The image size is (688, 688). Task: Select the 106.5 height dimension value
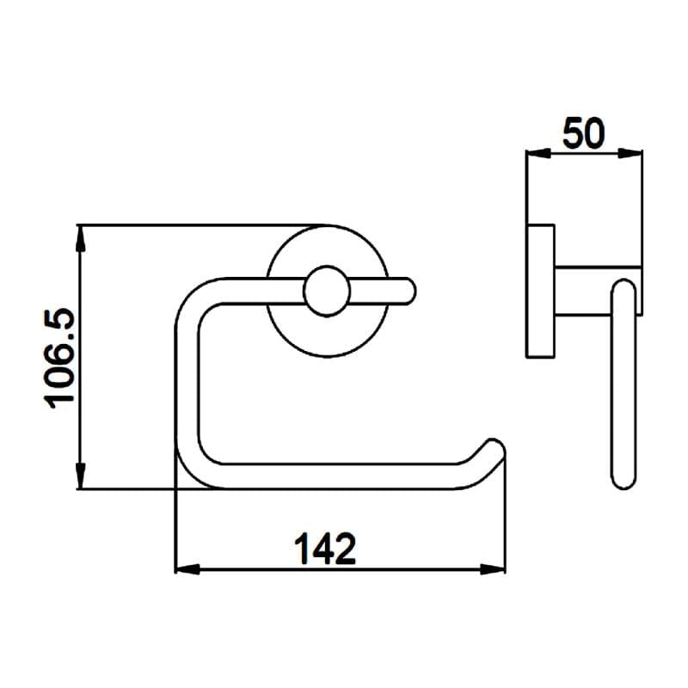(x=60, y=359)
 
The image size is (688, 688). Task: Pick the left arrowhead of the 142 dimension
(x=184, y=569)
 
